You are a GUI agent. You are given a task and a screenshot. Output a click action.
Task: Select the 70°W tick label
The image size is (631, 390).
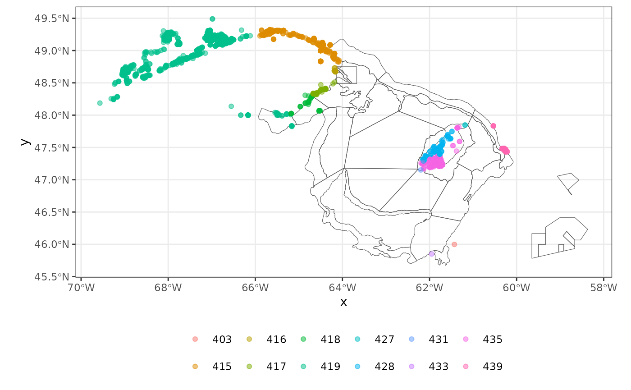[81, 287]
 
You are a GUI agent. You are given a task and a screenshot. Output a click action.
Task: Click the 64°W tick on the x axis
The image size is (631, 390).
[343, 287]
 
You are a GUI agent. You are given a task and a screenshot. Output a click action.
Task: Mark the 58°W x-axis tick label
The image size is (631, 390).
[604, 287]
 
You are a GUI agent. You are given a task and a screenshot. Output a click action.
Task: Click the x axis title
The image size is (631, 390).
[343, 302]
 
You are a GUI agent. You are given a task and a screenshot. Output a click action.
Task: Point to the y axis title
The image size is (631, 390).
[26, 142]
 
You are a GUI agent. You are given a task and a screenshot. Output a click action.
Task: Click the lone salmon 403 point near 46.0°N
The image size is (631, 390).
[454, 244]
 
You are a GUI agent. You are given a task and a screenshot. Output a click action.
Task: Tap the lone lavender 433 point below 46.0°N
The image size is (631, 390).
[432, 254]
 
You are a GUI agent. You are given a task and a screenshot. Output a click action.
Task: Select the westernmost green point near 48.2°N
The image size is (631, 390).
[100, 103]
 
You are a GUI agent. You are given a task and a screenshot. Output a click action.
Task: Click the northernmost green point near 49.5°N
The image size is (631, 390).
[212, 19]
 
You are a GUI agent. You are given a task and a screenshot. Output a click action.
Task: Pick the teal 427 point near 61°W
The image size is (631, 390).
[465, 125]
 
